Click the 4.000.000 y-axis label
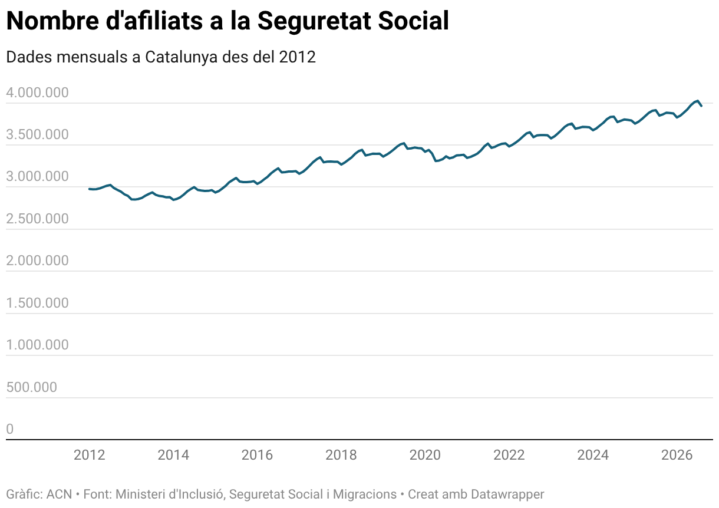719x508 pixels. (x=37, y=93)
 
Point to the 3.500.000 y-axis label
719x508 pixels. (x=37, y=134)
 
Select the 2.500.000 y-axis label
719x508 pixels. (x=37, y=219)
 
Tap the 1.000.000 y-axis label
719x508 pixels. (x=37, y=345)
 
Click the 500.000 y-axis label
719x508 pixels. (x=31, y=387)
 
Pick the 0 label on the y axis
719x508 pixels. (x=9, y=429)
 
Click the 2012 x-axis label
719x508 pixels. (x=89, y=455)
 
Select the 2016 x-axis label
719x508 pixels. (x=257, y=455)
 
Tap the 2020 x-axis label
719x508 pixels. (x=425, y=455)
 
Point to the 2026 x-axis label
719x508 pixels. (x=677, y=455)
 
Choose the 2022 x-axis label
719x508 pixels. (x=509, y=455)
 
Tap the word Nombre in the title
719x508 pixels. (x=52, y=21)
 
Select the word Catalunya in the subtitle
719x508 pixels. (x=181, y=58)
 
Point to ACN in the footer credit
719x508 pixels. (x=60, y=494)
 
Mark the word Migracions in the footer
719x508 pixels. (x=365, y=494)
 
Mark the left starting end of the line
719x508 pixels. (x=89, y=189)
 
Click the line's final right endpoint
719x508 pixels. (x=702, y=106)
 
